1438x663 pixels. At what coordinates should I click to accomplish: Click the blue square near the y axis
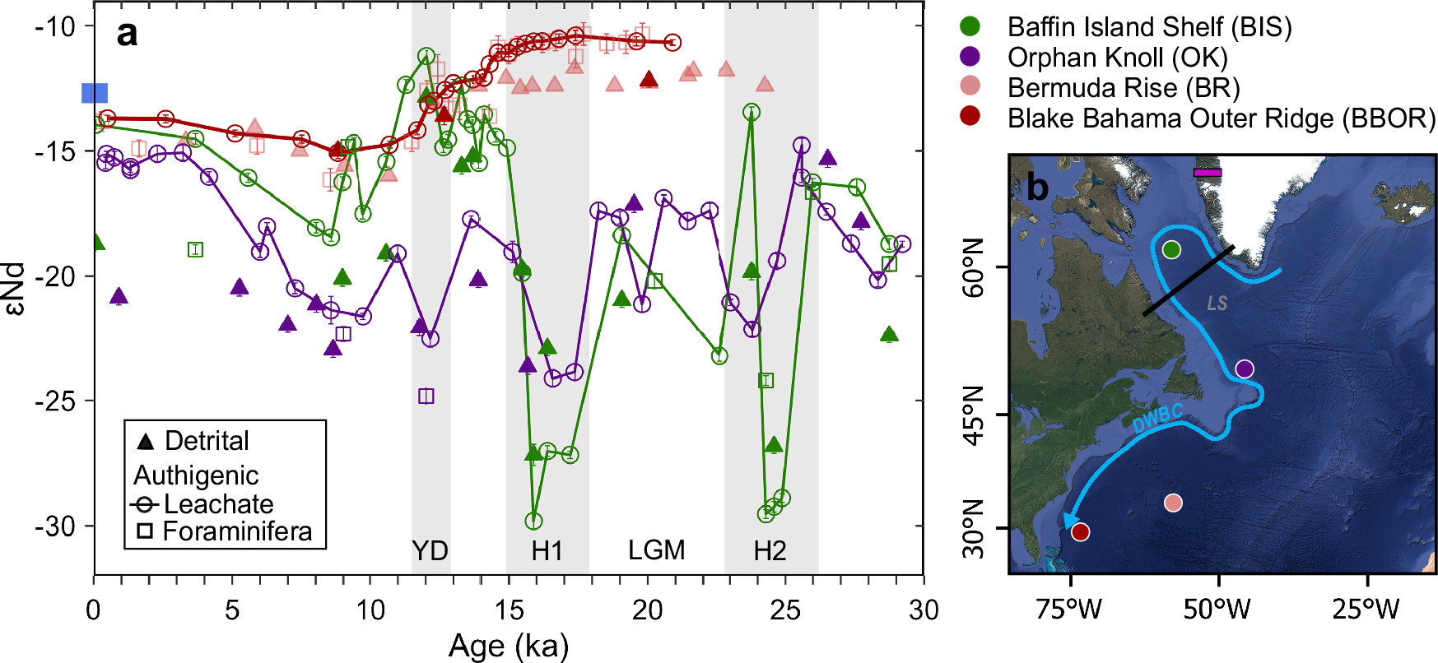[95, 93]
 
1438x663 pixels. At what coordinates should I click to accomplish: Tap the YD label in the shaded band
[430, 550]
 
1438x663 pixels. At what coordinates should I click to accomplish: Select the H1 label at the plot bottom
[547, 550]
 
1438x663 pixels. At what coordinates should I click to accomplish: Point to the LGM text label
[656, 550]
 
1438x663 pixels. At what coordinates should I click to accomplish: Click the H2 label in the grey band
[770, 550]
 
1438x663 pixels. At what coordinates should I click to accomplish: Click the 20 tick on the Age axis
[647, 610]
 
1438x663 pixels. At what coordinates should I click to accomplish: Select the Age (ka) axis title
[509, 647]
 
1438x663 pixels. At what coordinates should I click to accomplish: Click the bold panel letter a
[127, 35]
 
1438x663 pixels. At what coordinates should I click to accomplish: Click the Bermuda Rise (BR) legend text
[1123, 88]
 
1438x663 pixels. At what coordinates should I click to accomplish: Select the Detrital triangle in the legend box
[146, 442]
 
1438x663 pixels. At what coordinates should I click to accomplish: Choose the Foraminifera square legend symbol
[145, 531]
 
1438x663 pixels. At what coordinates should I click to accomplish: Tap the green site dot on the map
[1171, 249]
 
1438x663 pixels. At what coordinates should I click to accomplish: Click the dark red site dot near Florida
[1081, 532]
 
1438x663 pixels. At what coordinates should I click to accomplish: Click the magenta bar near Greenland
[1208, 173]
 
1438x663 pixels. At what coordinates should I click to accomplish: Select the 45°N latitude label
[973, 415]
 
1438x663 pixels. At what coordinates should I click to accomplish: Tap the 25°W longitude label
[1366, 610]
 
